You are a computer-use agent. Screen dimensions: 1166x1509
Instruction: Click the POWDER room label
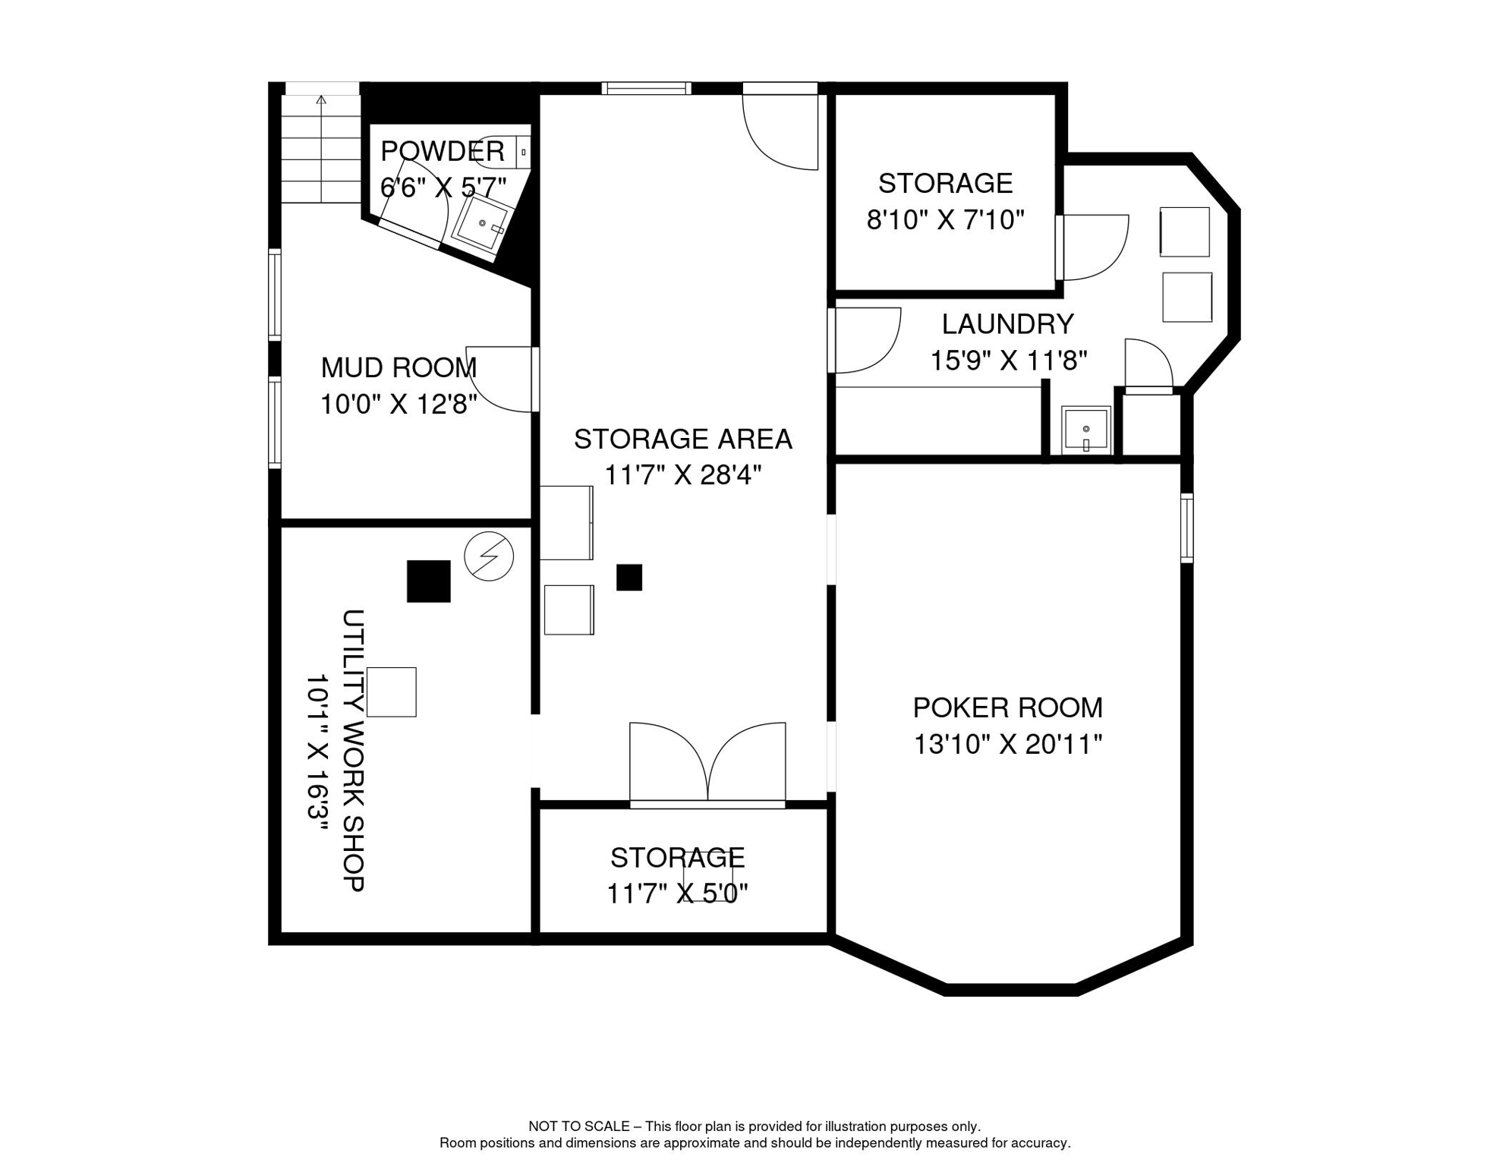pos(442,151)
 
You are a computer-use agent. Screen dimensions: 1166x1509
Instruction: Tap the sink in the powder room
pos(482,223)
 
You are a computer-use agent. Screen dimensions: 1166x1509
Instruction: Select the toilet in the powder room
pos(502,151)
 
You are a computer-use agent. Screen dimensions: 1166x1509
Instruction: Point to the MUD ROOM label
pos(399,367)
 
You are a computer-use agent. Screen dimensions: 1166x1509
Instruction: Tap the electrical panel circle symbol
pos(489,556)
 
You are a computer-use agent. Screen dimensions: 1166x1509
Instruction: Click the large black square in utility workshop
pos(428,581)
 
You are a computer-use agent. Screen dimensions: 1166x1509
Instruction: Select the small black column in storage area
pos(629,577)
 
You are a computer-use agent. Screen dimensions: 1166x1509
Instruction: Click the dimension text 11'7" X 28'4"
pos(682,475)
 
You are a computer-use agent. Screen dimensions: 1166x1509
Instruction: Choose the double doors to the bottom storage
pos(707,763)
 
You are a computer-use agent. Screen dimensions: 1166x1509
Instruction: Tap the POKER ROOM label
pos(1007,707)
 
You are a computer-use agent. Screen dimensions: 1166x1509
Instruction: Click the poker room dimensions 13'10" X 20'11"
pos(1007,744)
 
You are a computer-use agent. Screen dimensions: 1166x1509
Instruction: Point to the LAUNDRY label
pos(1007,324)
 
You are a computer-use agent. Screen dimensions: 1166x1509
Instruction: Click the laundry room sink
pos(1085,430)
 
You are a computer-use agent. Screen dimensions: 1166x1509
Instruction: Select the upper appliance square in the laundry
pos(1185,232)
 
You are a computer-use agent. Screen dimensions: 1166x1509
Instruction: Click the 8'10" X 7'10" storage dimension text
pos(945,220)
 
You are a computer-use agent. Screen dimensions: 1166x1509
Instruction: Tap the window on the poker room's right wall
pos(1186,528)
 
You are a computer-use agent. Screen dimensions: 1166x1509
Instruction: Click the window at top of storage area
pos(646,88)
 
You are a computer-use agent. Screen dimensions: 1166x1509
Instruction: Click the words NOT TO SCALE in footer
pos(578,1127)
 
